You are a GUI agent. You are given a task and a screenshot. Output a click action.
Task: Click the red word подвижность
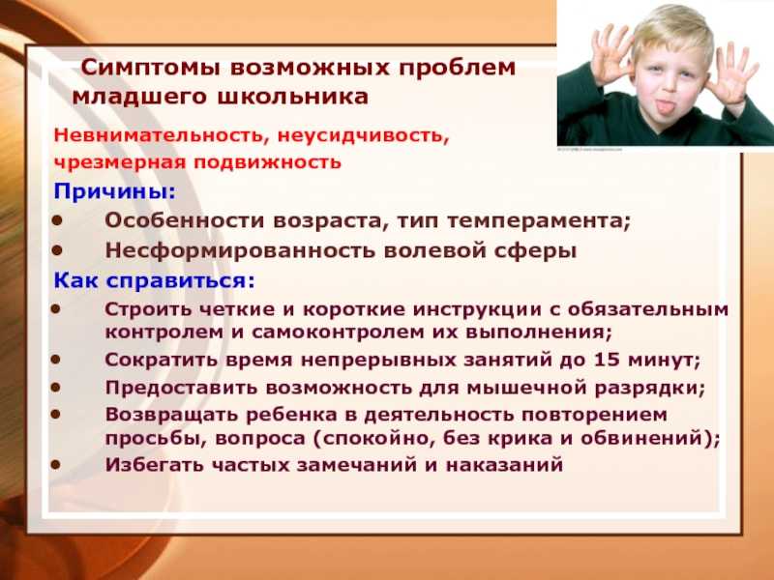pyautogui.click(x=267, y=162)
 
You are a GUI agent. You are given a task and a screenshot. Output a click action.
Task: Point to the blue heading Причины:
pyautogui.click(x=114, y=191)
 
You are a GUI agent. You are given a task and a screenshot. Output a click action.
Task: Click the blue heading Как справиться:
pyautogui.click(x=155, y=281)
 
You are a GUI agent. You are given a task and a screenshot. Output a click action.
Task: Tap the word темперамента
pyautogui.click(x=539, y=221)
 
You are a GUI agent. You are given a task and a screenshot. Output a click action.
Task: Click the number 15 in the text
pyautogui.click(x=607, y=360)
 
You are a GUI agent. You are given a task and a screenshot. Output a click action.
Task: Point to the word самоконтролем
pyautogui.click(x=338, y=332)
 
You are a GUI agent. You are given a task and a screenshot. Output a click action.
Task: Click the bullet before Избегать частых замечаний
pyautogui.click(x=56, y=464)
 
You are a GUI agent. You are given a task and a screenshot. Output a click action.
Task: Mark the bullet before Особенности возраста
pyautogui.click(x=57, y=220)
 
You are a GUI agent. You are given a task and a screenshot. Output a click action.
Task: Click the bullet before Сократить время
pyautogui.click(x=56, y=359)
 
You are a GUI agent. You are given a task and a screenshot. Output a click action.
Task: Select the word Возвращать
pyautogui.click(x=171, y=415)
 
